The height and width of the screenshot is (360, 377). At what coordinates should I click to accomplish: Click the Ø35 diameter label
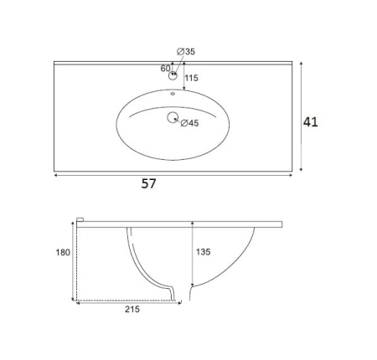coord(186,52)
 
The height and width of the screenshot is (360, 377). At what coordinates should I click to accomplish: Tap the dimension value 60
coord(165,69)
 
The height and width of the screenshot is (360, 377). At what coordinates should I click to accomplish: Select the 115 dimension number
coord(191,78)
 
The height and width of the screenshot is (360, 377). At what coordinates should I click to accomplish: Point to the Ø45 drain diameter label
coord(189,123)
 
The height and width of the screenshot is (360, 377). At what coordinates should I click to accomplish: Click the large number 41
coord(311,122)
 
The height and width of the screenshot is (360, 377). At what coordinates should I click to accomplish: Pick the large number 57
coord(148,183)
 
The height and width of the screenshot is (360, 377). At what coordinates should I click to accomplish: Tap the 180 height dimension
coord(63,253)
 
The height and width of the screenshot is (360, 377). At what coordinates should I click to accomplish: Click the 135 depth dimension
coord(203,252)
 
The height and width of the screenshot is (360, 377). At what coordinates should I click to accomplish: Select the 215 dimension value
coord(132,309)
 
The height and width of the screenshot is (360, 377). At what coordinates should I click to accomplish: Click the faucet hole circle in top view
coord(173,75)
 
